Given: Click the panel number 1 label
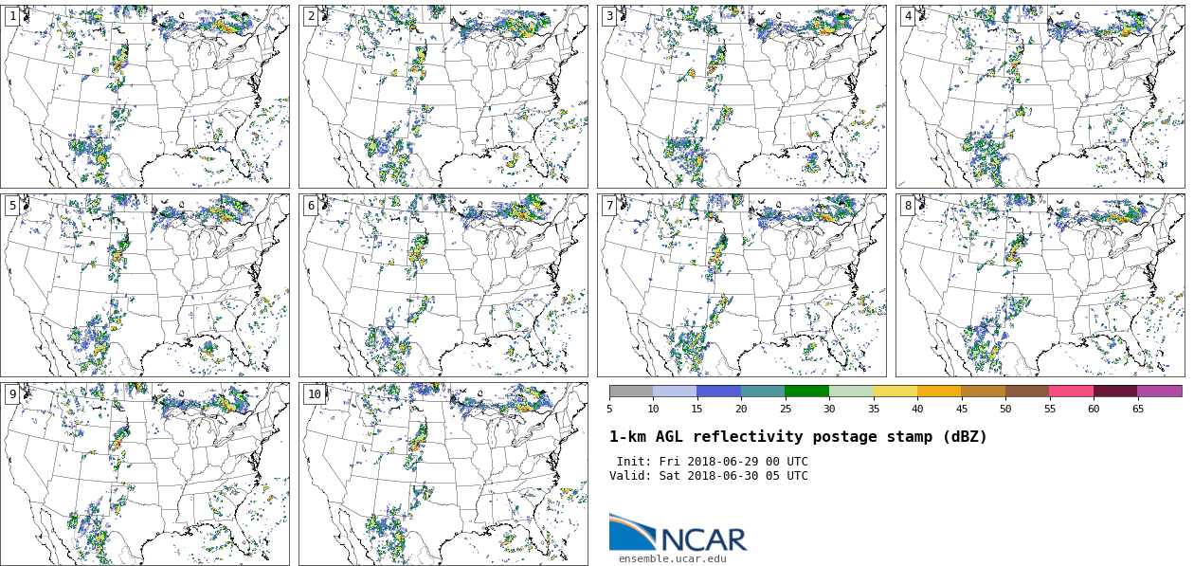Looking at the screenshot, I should [x=12, y=16].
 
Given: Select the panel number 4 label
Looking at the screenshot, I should [x=908, y=16].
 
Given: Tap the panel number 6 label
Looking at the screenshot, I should [x=311, y=206].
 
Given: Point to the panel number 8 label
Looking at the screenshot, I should [x=908, y=206].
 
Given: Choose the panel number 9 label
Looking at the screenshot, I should [x=12, y=394].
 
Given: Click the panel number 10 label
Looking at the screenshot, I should [x=314, y=394].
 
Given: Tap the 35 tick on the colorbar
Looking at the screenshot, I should [x=874, y=409].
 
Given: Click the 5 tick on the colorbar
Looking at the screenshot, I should [x=609, y=409].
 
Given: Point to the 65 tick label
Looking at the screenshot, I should [x=1137, y=409].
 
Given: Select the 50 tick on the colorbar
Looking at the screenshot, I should [x=1005, y=409].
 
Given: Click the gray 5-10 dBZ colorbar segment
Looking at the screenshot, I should [x=631, y=391].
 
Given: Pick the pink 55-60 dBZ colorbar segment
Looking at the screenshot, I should [x=1071, y=391].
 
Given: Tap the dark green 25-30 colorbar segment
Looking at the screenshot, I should [x=806, y=391].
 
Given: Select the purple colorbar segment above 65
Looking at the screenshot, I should [x=1159, y=391].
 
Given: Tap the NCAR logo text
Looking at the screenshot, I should [x=703, y=540].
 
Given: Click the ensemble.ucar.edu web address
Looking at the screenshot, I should [x=672, y=559].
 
